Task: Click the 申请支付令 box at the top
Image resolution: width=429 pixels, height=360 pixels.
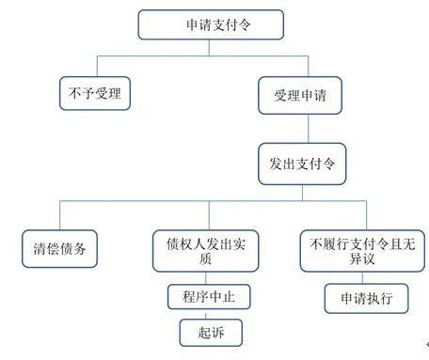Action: (211, 24)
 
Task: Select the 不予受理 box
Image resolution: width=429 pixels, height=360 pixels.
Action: (95, 93)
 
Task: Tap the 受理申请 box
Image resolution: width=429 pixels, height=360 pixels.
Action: (300, 95)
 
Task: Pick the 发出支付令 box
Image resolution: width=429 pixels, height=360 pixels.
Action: (302, 164)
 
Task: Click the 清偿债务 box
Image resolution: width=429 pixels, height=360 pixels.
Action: (59, 249)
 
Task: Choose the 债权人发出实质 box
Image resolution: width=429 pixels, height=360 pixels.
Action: (206, 251)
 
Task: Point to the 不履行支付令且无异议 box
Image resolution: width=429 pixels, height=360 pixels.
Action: (362, 251)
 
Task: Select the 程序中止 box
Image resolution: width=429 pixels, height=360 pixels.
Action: (209, 297)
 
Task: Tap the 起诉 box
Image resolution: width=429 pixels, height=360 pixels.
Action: (211, 333)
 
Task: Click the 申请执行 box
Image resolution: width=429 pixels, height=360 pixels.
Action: (366, 298)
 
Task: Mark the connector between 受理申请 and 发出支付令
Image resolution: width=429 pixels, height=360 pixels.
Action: (308, 129)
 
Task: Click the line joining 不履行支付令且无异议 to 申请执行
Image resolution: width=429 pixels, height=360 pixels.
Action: (362, 278)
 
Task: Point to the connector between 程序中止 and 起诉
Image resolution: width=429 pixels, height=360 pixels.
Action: (206, 314)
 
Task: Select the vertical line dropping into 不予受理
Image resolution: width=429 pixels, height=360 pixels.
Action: (97, 67)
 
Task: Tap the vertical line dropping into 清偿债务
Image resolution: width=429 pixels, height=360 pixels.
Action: (60, 215)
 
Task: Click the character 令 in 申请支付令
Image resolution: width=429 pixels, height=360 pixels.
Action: (244, 24)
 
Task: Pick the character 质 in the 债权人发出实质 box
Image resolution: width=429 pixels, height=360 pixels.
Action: (205, 258)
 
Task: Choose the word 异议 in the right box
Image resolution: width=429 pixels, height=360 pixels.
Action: (362, 258)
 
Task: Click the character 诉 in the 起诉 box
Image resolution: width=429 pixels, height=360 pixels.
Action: (217, 333)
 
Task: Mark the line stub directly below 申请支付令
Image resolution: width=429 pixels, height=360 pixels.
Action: (209, 48)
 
